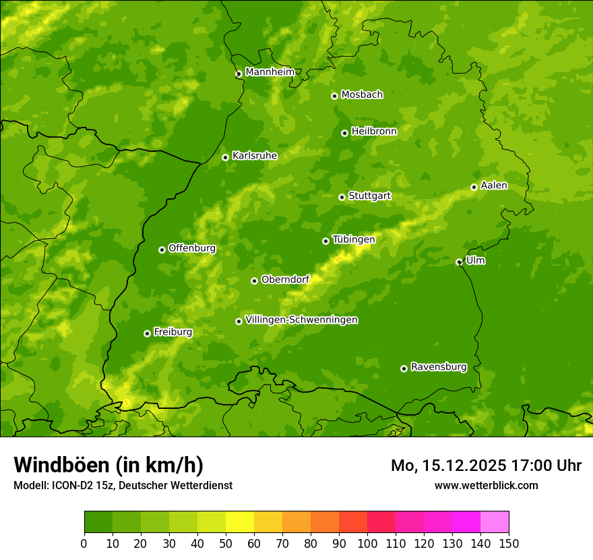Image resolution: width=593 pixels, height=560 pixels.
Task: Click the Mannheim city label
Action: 270,72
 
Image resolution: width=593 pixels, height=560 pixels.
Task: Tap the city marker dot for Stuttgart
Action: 342,197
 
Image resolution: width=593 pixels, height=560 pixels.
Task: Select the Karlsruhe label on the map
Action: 254,156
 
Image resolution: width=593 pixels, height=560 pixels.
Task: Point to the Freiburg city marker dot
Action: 147,333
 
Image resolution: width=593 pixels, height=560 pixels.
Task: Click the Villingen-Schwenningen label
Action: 301,320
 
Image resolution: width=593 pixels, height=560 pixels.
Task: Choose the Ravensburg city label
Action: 438,367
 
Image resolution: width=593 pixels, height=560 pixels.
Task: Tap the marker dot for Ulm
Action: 459,262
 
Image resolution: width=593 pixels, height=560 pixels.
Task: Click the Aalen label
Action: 493,186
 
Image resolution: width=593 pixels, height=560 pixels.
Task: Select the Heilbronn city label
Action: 373,132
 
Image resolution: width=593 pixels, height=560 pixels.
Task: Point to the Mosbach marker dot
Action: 334,96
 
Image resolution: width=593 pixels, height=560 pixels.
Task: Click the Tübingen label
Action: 353,240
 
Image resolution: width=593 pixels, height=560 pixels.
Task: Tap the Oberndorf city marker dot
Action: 254,281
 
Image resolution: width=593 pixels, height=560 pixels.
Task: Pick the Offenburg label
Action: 191,248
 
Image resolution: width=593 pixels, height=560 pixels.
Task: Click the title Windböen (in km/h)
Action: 108,465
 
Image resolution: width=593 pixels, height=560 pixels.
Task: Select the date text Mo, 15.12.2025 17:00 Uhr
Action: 486,466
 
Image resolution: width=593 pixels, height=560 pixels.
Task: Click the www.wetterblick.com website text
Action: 486,485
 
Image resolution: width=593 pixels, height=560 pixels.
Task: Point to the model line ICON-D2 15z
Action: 123,485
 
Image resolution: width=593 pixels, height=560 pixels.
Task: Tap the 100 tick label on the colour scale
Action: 367,543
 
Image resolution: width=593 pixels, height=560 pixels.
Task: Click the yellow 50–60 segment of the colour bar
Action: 240,522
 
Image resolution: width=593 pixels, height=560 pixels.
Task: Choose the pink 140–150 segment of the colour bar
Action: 495,522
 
